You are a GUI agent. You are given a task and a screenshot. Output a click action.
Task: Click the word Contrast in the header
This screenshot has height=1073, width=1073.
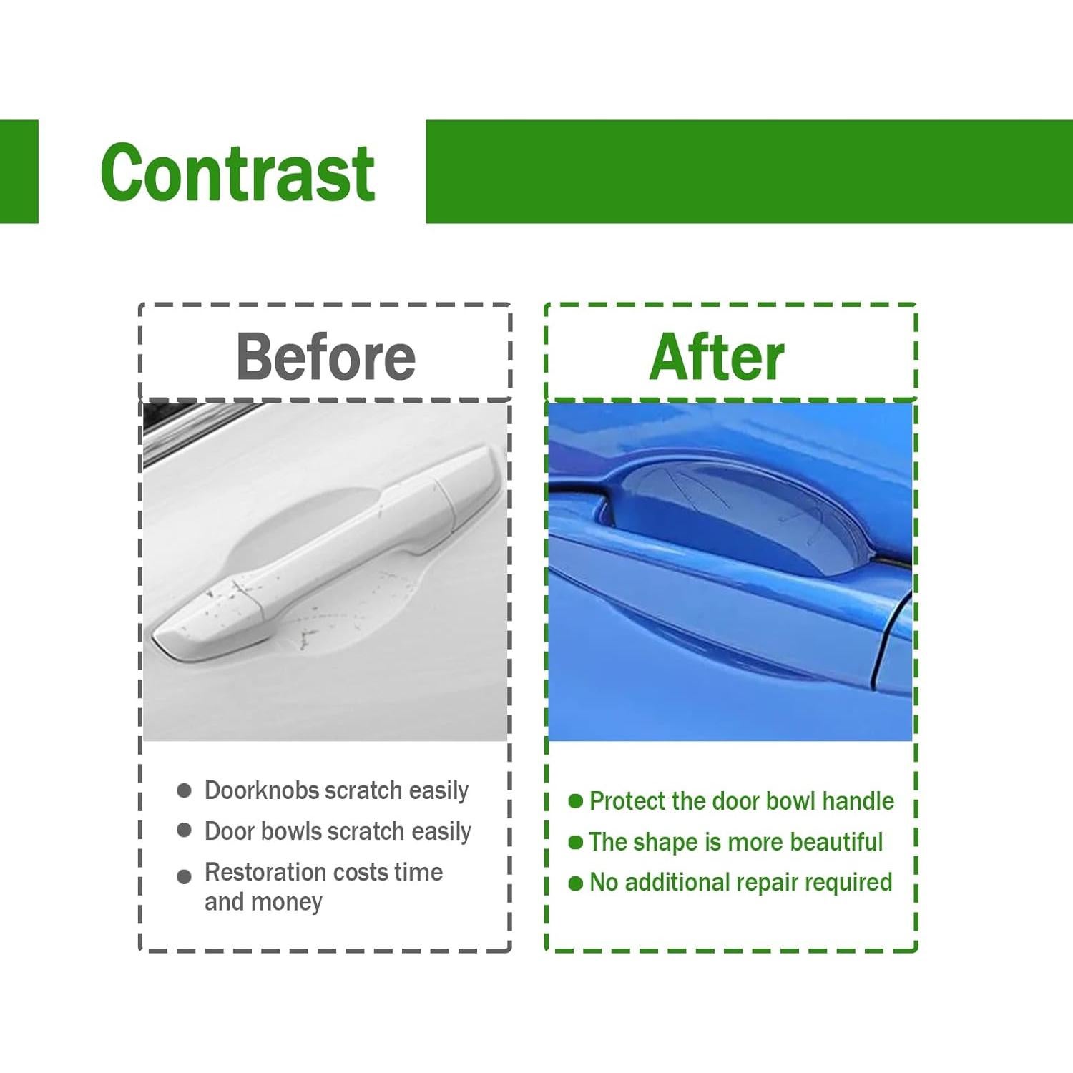tap(237, 172)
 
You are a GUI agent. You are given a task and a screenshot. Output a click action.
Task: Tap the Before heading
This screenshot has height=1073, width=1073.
tap(325, 357)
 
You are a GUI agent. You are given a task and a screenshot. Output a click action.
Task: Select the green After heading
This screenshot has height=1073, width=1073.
tap(717, 357)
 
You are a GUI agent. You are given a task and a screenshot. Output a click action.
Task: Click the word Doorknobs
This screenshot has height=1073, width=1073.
tap(262, 790)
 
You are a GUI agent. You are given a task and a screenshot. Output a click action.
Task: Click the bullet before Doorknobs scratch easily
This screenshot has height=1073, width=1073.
tap(184, 790)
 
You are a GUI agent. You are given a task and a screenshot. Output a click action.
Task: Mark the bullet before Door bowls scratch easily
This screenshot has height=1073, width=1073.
tap(184, 830)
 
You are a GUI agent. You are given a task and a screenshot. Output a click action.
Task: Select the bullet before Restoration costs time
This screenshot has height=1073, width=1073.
tap(184, 876)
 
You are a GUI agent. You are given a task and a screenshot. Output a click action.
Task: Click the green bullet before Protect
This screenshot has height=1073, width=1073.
tap(576, 801)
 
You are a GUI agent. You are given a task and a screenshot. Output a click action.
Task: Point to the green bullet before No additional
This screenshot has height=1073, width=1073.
tap(576, 883)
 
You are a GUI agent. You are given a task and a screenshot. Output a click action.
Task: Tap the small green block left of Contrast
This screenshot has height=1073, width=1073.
tap(19, 172)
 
